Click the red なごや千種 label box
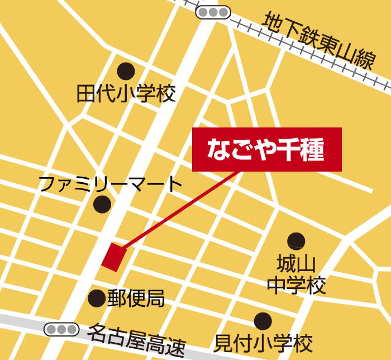tap(266, 149)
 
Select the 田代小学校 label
tap(126, 94)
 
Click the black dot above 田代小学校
tap(126, 71)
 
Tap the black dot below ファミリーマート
tap(102, 204)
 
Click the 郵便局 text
tap(136, 298)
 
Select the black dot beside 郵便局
tap(97, 298)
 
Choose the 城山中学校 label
tap(296, 274)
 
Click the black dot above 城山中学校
tap(296, 241)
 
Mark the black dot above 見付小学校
tap(263, 321)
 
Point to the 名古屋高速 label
tap(136, 341)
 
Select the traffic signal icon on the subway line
tap(213, 11)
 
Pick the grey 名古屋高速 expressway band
tap(22, 322)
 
